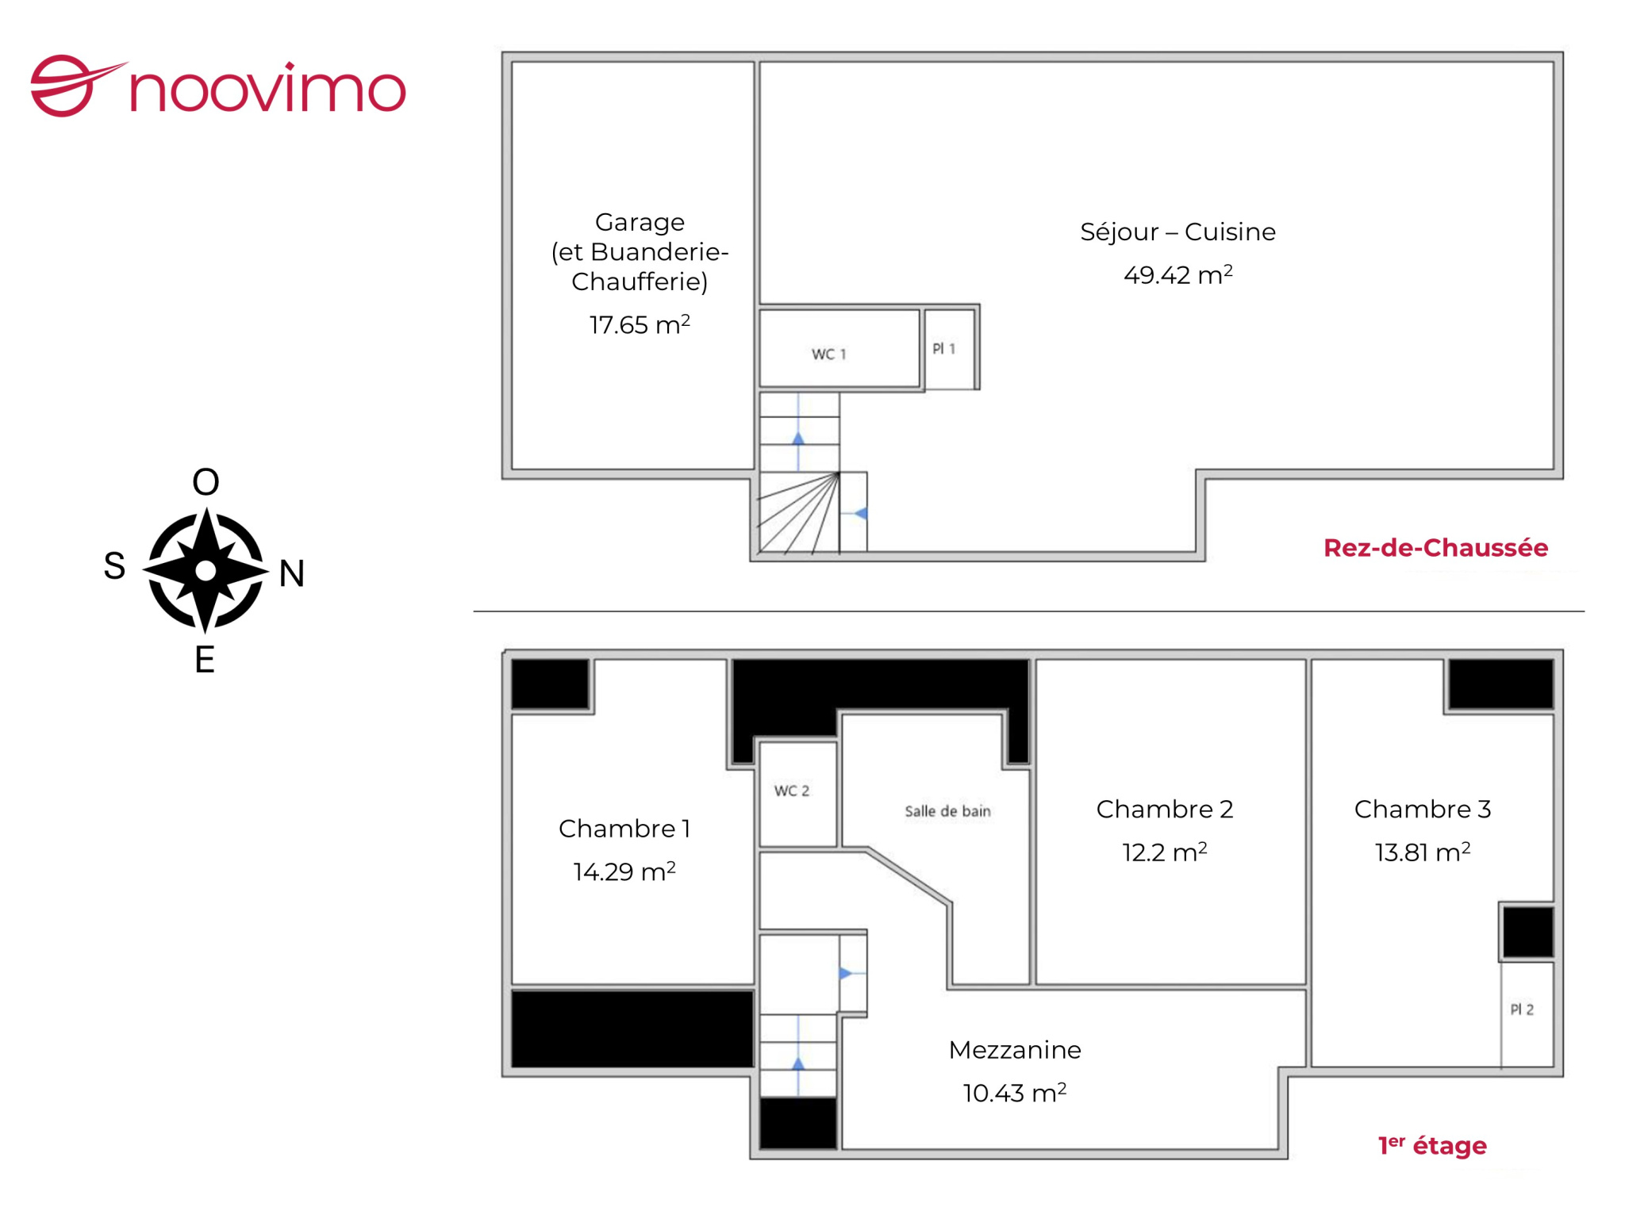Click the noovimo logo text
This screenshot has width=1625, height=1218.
coord(267,90)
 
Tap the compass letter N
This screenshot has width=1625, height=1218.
coord(292,573)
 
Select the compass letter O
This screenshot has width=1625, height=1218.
coord(206,481)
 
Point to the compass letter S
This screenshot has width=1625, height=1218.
coord(114,566)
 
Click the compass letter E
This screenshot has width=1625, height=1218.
coord(205,660)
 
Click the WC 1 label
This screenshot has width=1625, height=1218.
coord(828,354)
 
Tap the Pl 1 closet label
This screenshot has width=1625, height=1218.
coord(943,349)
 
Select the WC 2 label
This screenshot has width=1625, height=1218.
coord(792,791)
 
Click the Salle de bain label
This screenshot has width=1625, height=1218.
coord(947,811)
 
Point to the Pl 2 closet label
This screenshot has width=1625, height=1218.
coord(1521,1009)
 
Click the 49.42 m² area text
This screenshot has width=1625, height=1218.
coord(1178,274)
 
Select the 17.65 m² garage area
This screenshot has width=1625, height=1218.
coord(640,324)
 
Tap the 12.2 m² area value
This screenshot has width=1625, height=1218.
coord(1164,852)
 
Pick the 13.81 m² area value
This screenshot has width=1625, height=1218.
coord(1423,852)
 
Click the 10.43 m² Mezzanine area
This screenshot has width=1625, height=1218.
coord(1015,1093)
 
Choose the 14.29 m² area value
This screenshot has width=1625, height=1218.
coord(624,871)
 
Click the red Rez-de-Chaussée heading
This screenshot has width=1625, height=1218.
coord(1435,548)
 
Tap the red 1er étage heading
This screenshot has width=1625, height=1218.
coord(1432,1145)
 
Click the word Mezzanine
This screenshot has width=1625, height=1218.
coord(1015,1050)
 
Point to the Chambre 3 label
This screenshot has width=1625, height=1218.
coord(1423,809)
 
